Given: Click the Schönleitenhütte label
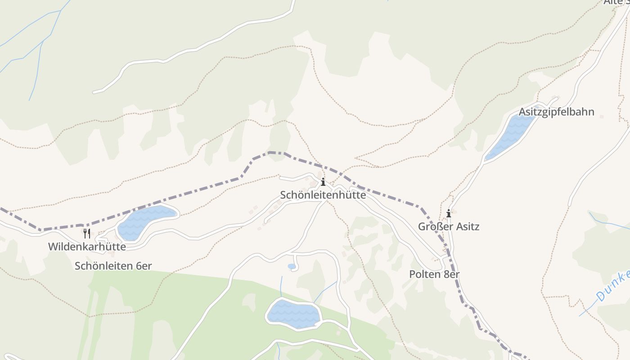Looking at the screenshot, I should click(323, 195).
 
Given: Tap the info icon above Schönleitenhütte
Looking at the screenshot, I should click(323, 182).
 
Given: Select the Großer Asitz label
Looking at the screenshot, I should click(449, 226).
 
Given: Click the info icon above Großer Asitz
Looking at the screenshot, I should click(448, 213).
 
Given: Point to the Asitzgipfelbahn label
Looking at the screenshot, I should click(556, 112).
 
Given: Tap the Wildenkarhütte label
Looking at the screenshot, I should click(87, 247).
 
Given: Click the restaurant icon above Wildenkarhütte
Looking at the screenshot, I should click(87, 233).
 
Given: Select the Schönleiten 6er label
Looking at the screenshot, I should click(113, 266).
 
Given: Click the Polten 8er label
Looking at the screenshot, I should click(434, 274).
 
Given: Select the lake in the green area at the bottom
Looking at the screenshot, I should click(293, 314).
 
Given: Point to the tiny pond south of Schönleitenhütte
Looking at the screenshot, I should click(292, 266).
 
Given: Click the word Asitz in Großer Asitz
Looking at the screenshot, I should click(466, 226).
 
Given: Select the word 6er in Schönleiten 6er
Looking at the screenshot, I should click(143, 266).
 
